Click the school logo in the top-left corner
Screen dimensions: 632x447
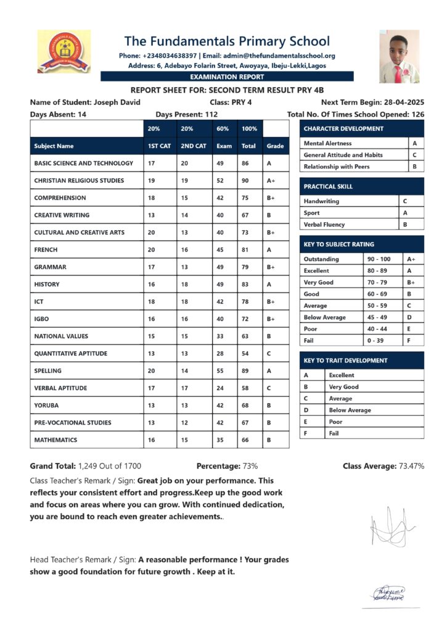tap(64, 51)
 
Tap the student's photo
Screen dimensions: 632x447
tap(399, 56)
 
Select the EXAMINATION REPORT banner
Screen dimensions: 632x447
tap(227, 77)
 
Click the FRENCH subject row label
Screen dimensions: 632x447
tap(46, 250)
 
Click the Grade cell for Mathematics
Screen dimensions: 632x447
tap(270, 440)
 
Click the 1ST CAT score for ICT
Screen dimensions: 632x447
tap(151, 302)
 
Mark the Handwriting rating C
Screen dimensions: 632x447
tap(404, 201)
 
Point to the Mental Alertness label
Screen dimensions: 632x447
tap(327, 143)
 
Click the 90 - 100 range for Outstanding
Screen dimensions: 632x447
tap(378, 259)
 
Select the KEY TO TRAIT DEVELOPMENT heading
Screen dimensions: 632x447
tap(345, 360)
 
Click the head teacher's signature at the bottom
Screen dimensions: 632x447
tap(386, 593)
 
